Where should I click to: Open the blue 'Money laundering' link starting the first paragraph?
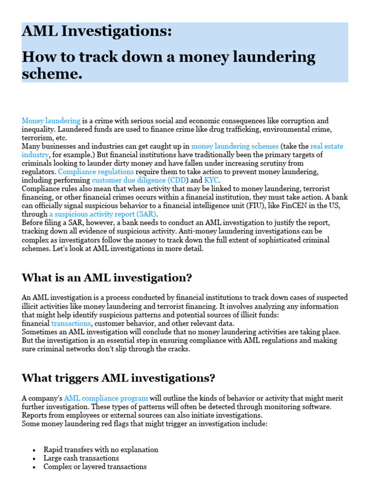pyautogui.click(x=51, y=121)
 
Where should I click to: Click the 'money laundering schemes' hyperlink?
pyautogui.click(x=235, y=146)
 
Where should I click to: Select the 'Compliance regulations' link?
pyautogui.click(x=96, y=172)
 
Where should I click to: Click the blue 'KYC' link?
pyautogui.click(x=212, y=180)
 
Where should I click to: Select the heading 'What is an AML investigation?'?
pyautogui.click(x=107, y=278)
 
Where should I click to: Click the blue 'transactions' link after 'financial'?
pyautogui.click(x=71, y=324)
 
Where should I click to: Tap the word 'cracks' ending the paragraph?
pyautogui.click(x=178, y=349)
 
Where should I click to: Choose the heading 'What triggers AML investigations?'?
pyautogui.click(x=118, y=378)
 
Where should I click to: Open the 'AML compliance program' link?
pyautogui.click(x=106, y=398)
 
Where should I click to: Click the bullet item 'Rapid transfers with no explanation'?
pyautogui.click(x=101, y=450)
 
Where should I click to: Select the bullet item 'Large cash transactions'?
pyautogui.click(x=81, y=458)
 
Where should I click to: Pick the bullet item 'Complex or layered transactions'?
pyautogui.click(x=95, y=467)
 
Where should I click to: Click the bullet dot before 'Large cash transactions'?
pyautogui.click(x=34, y=459)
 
